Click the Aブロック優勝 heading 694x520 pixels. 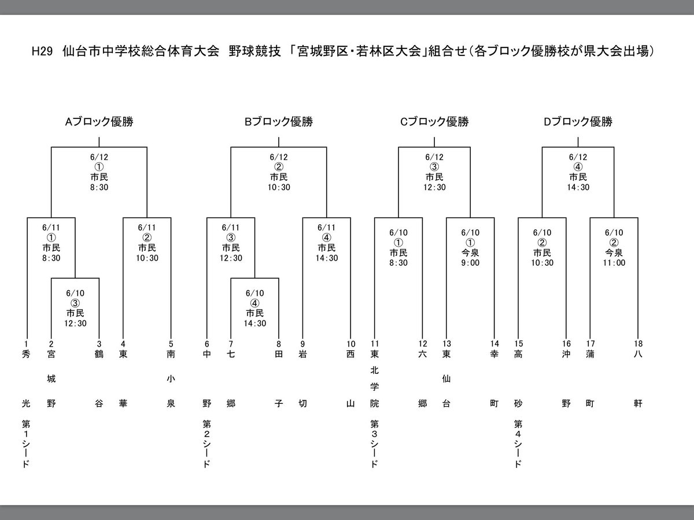(x=99, y=122)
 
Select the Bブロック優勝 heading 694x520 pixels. (x=279, y=122)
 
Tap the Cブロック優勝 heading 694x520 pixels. (x=434, y=122)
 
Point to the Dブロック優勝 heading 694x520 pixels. (x=578, y=122)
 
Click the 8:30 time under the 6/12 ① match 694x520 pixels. (x=99, y=187)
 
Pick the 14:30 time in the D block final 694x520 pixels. (x=578, y=187)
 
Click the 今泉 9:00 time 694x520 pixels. (x=470, y=262)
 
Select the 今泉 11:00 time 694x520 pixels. (x=614, y=262)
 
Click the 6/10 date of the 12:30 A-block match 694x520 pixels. (x=75, y=293)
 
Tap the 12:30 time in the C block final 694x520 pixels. (x=434, y=187)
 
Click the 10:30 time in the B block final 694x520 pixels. (x=279, y=187)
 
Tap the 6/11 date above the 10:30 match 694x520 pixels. (x=147, y=228)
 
